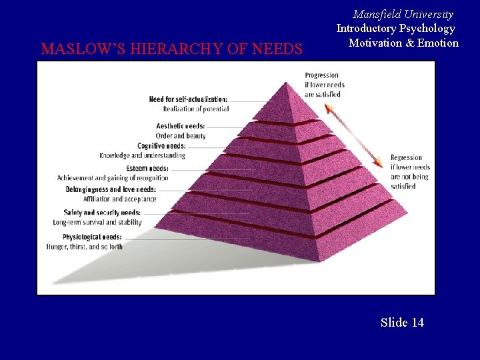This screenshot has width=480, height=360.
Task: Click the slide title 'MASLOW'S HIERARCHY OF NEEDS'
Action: pos(171,49)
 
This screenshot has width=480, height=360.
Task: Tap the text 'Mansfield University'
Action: pos(403,14)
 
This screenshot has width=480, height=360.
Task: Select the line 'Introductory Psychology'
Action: pos(395,28)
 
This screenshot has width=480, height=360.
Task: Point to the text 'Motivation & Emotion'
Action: pos(403,43)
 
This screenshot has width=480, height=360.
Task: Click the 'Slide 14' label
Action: pos(402,323)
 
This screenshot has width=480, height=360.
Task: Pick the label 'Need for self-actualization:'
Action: pos(188,99)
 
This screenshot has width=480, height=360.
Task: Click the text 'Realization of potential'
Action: pos(196,109)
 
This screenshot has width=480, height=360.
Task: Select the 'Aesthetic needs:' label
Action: pos(181,126)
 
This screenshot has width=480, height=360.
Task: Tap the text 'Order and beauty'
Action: pos(181,135)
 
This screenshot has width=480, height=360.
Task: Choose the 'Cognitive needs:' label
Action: pos(161,146)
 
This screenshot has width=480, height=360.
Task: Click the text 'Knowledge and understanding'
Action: pos(143,155)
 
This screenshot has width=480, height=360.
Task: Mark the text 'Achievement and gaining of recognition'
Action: pos(113,178)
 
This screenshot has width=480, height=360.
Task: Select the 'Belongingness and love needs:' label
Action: pos(111,189)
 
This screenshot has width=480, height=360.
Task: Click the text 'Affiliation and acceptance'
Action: pos(120,199)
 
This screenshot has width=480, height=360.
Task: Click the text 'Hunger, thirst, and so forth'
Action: pos(85,246)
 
